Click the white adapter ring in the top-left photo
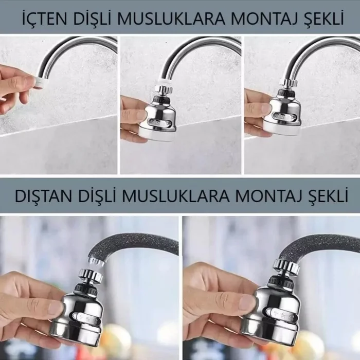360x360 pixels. coord(40,81)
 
